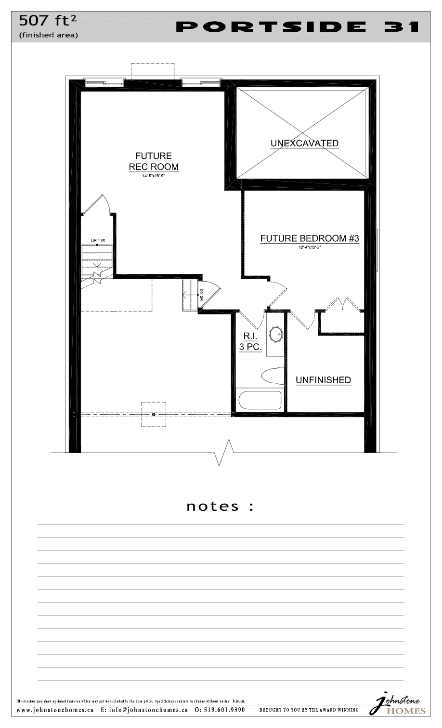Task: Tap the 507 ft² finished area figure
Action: click(x=48, y=21)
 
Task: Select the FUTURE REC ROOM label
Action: click(x=154, y=161)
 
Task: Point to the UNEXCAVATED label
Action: click(x=304, y=143)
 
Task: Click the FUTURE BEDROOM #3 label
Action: click(x=310, y=238)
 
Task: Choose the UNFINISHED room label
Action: click(x=323, y=380)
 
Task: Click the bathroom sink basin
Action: click(x=276, y=334)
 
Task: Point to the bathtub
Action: click(x=260, y=400)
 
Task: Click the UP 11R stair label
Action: click(x=98, y=240)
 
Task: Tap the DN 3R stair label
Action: click(x=201, y=295)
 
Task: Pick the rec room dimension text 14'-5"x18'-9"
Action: click(x=154, y=176)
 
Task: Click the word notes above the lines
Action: click(x=213, y=507)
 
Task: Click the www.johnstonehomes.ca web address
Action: click(x=55, y=710)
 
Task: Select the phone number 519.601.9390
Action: click(x=220, y=710)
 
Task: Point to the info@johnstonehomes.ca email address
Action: click(x=144, y=710)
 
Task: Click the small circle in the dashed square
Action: click(x=154, y=414)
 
